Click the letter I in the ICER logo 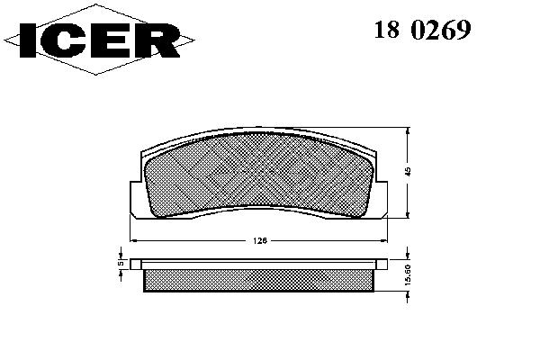point(28,40)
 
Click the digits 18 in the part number point(387,30)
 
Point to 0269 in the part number point(441,30)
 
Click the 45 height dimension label point(408,172)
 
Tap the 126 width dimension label point(260,241)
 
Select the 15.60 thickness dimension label point(408,274)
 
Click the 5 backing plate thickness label point(121,263)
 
